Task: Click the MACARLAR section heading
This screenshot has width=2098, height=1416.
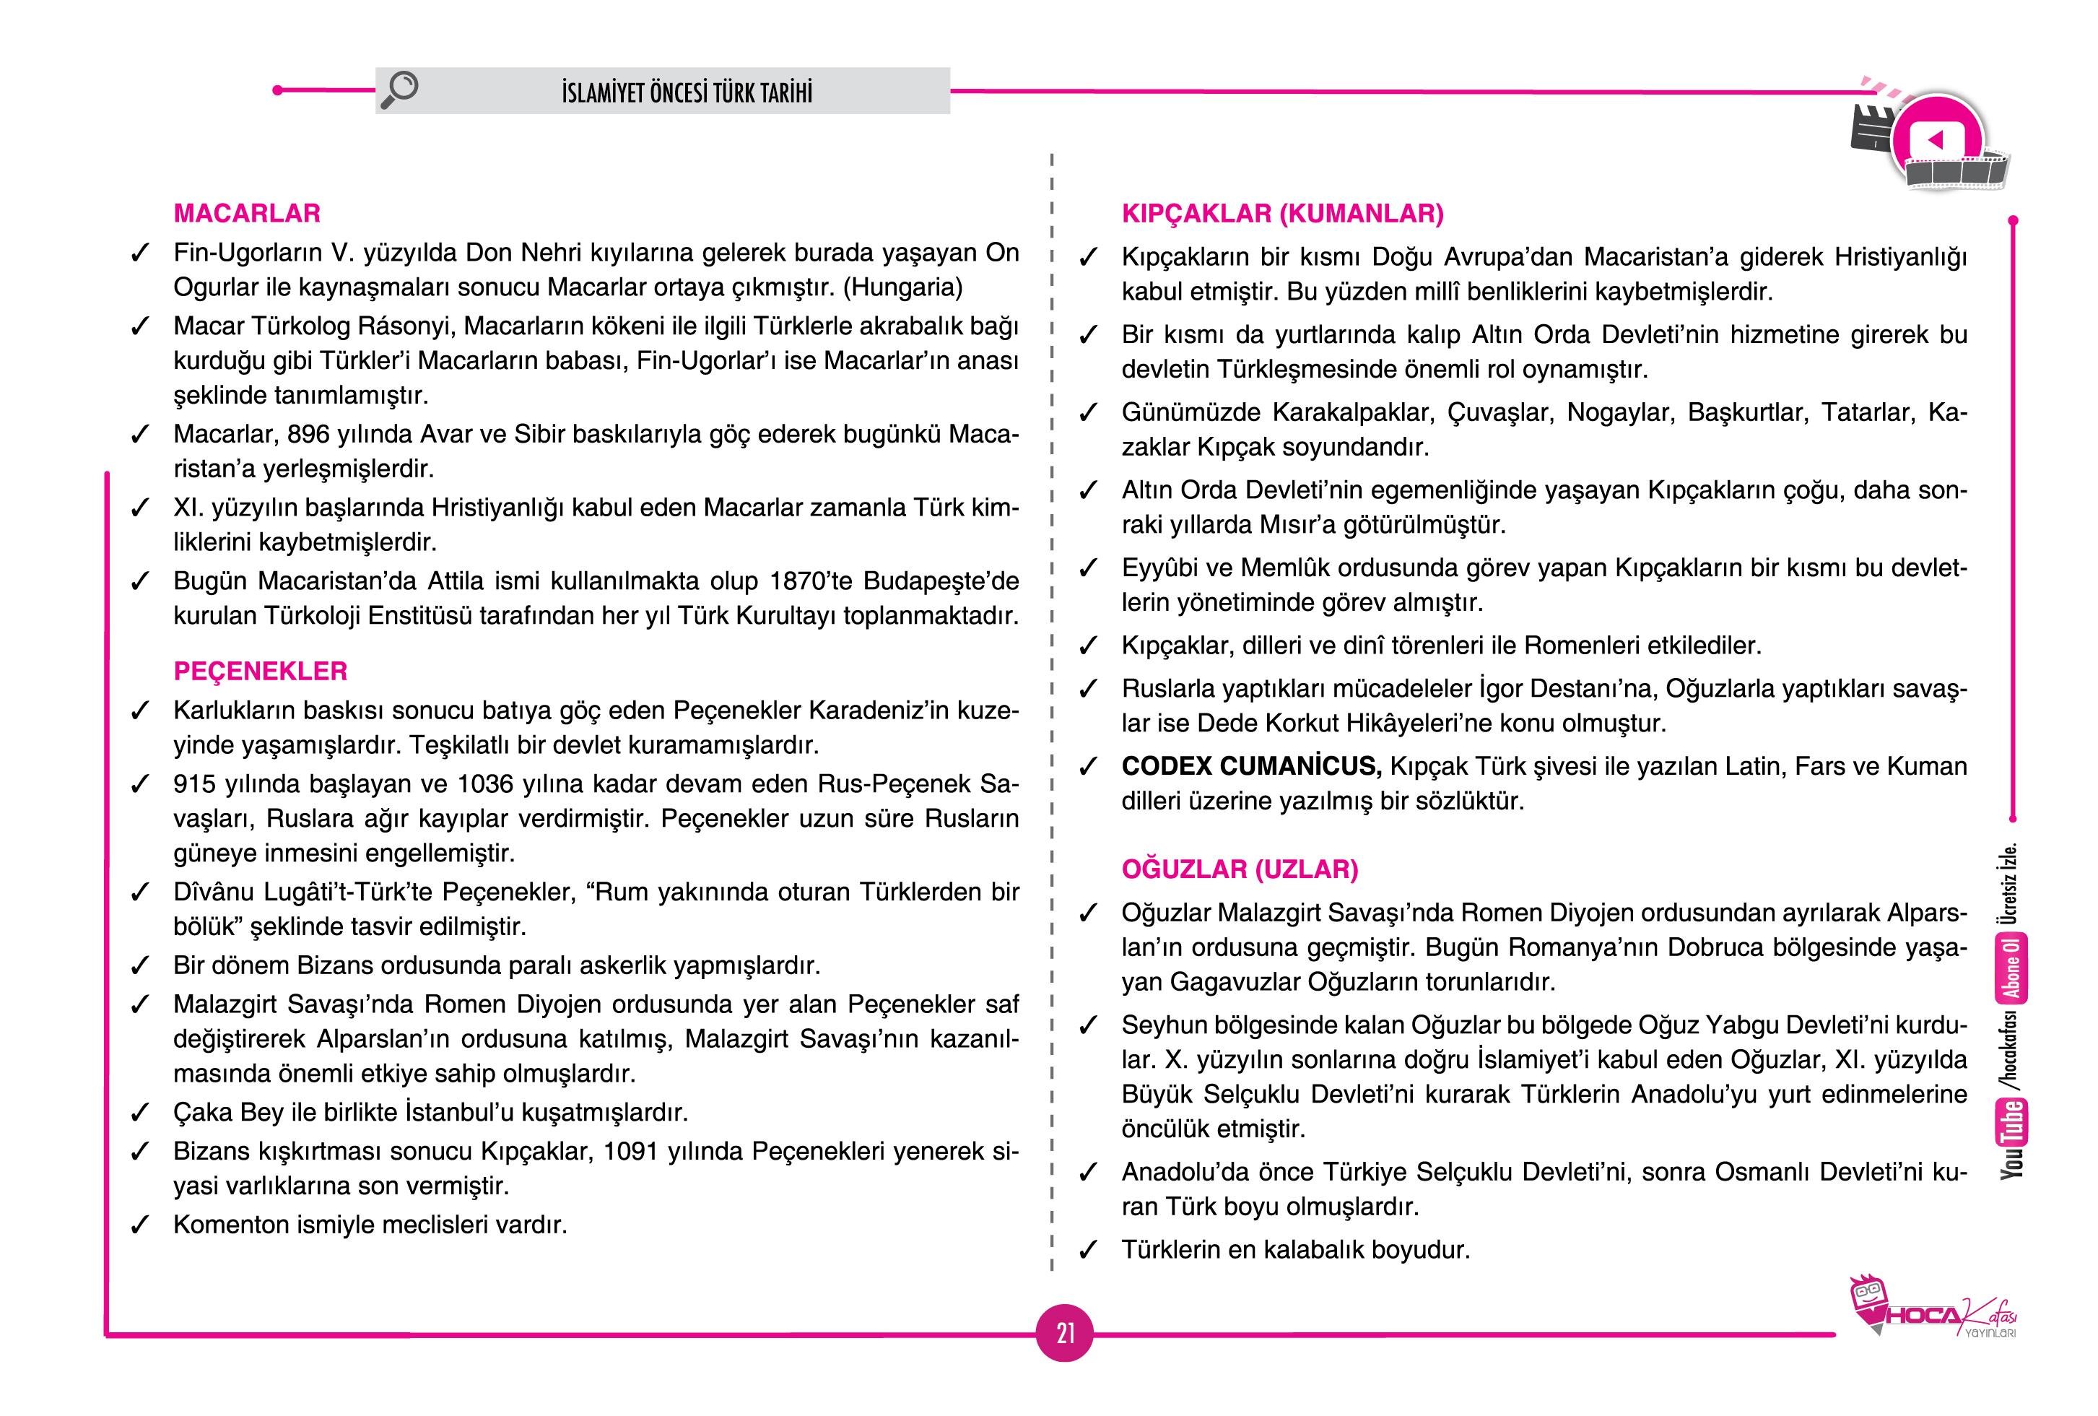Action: click(x=246, y=214)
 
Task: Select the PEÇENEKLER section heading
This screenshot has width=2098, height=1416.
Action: click(x=260, y=672)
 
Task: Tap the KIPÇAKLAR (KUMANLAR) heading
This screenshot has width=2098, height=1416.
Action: click(x=1282, y=214)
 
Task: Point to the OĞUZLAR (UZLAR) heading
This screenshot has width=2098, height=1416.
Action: click(x=1240, y=869)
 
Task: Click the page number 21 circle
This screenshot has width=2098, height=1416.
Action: click(x=1066, y=1333)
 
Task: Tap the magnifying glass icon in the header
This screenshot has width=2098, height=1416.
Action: click(x=400, y=90)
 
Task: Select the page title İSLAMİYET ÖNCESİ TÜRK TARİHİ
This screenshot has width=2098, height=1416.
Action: click(x=686, y=93)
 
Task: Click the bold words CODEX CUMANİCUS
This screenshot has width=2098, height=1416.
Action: click(x=1251, y=767)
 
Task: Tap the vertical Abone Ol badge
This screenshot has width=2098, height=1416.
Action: click(x=2012, y=969)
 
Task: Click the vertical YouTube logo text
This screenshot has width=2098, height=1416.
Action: click(x=2012, y=1139)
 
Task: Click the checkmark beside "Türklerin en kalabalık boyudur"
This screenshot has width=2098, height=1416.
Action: click(x=1089, y=1251)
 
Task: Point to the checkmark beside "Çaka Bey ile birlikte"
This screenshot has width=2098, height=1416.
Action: click(x=139, y=1113)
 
